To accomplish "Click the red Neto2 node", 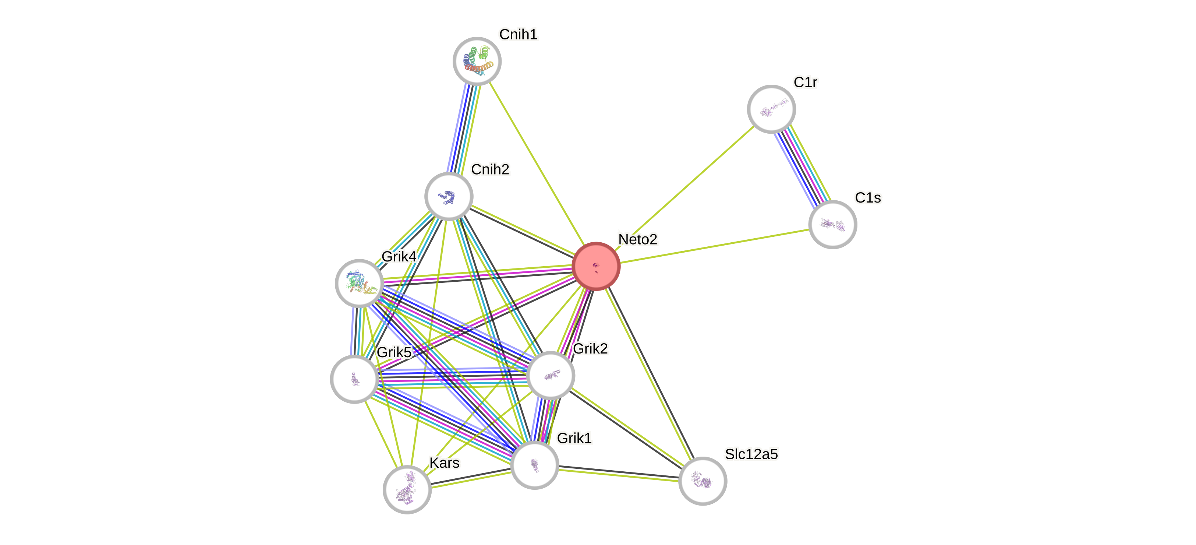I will click(596, 266).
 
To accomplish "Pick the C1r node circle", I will click(771, 109).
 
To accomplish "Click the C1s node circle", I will click(832, 224).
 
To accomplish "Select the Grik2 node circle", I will click(551, 375).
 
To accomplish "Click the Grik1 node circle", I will click(534, 464).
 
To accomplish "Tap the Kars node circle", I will click(407, 489).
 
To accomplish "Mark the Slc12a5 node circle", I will click(703, 481).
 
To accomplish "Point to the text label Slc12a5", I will click(751, 454).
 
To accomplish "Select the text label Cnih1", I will click(518, 34).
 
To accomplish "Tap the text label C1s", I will click(868, 197).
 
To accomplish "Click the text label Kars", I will click(444, 463).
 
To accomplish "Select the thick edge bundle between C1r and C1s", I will click(802, 167).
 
